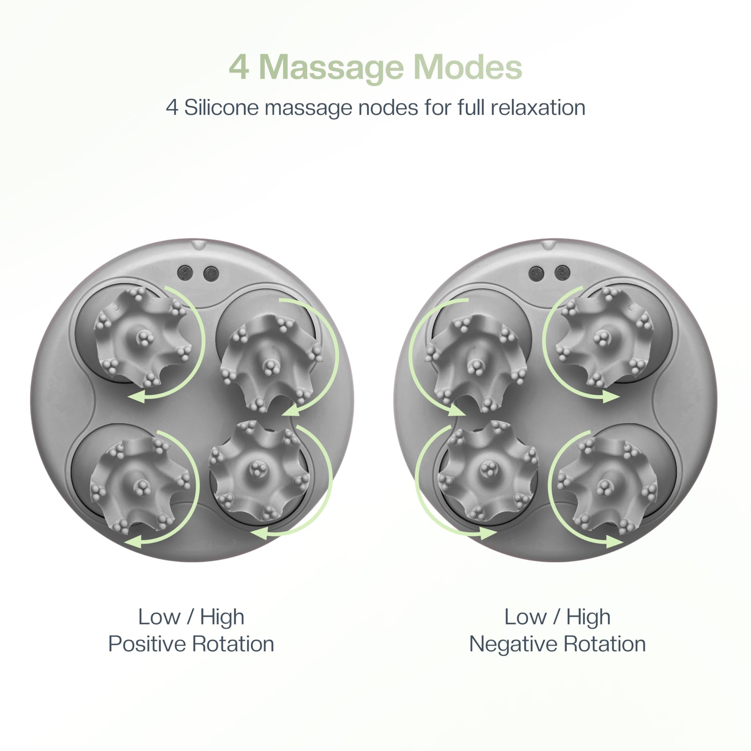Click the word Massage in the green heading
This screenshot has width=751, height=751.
click(x=331, y=68)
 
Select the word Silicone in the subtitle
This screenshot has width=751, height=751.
click(x=221, y=108)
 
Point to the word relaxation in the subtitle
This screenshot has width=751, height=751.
click(x=538, y=108)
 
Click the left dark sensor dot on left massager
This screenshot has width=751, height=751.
click(x=185, y=273)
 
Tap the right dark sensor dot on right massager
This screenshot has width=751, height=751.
click(x=562, y=272)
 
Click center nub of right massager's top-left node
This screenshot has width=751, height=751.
click(x=475, y=365)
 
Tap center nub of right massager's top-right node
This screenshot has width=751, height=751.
click(x=603, y=337)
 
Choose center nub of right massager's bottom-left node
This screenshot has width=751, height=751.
click(x=488, y=469)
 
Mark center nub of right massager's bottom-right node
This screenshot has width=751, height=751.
click(x=605, y=486)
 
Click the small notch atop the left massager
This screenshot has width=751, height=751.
click(x=198, y=244)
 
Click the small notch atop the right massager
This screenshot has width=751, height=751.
click(x=548, y=244)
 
